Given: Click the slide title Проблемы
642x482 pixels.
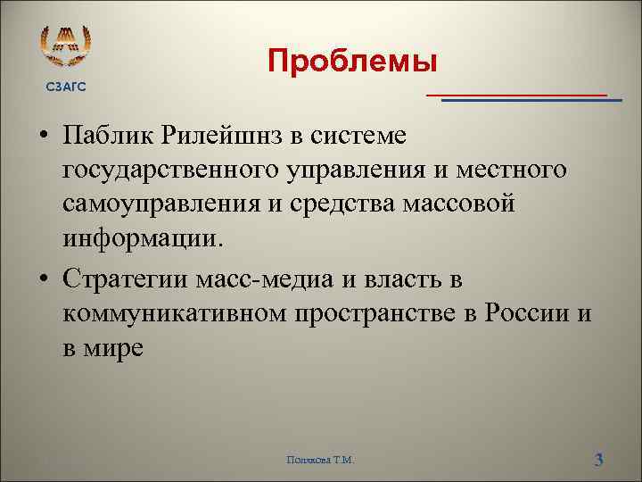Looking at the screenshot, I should pos(353,62).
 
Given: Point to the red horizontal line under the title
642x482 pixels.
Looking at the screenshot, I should pos(516,94).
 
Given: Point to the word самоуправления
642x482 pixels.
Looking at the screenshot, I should pos(164,205).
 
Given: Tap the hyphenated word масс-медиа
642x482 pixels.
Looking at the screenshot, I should pos(263,278).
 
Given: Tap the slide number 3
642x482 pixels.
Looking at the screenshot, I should pos(599,460).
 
